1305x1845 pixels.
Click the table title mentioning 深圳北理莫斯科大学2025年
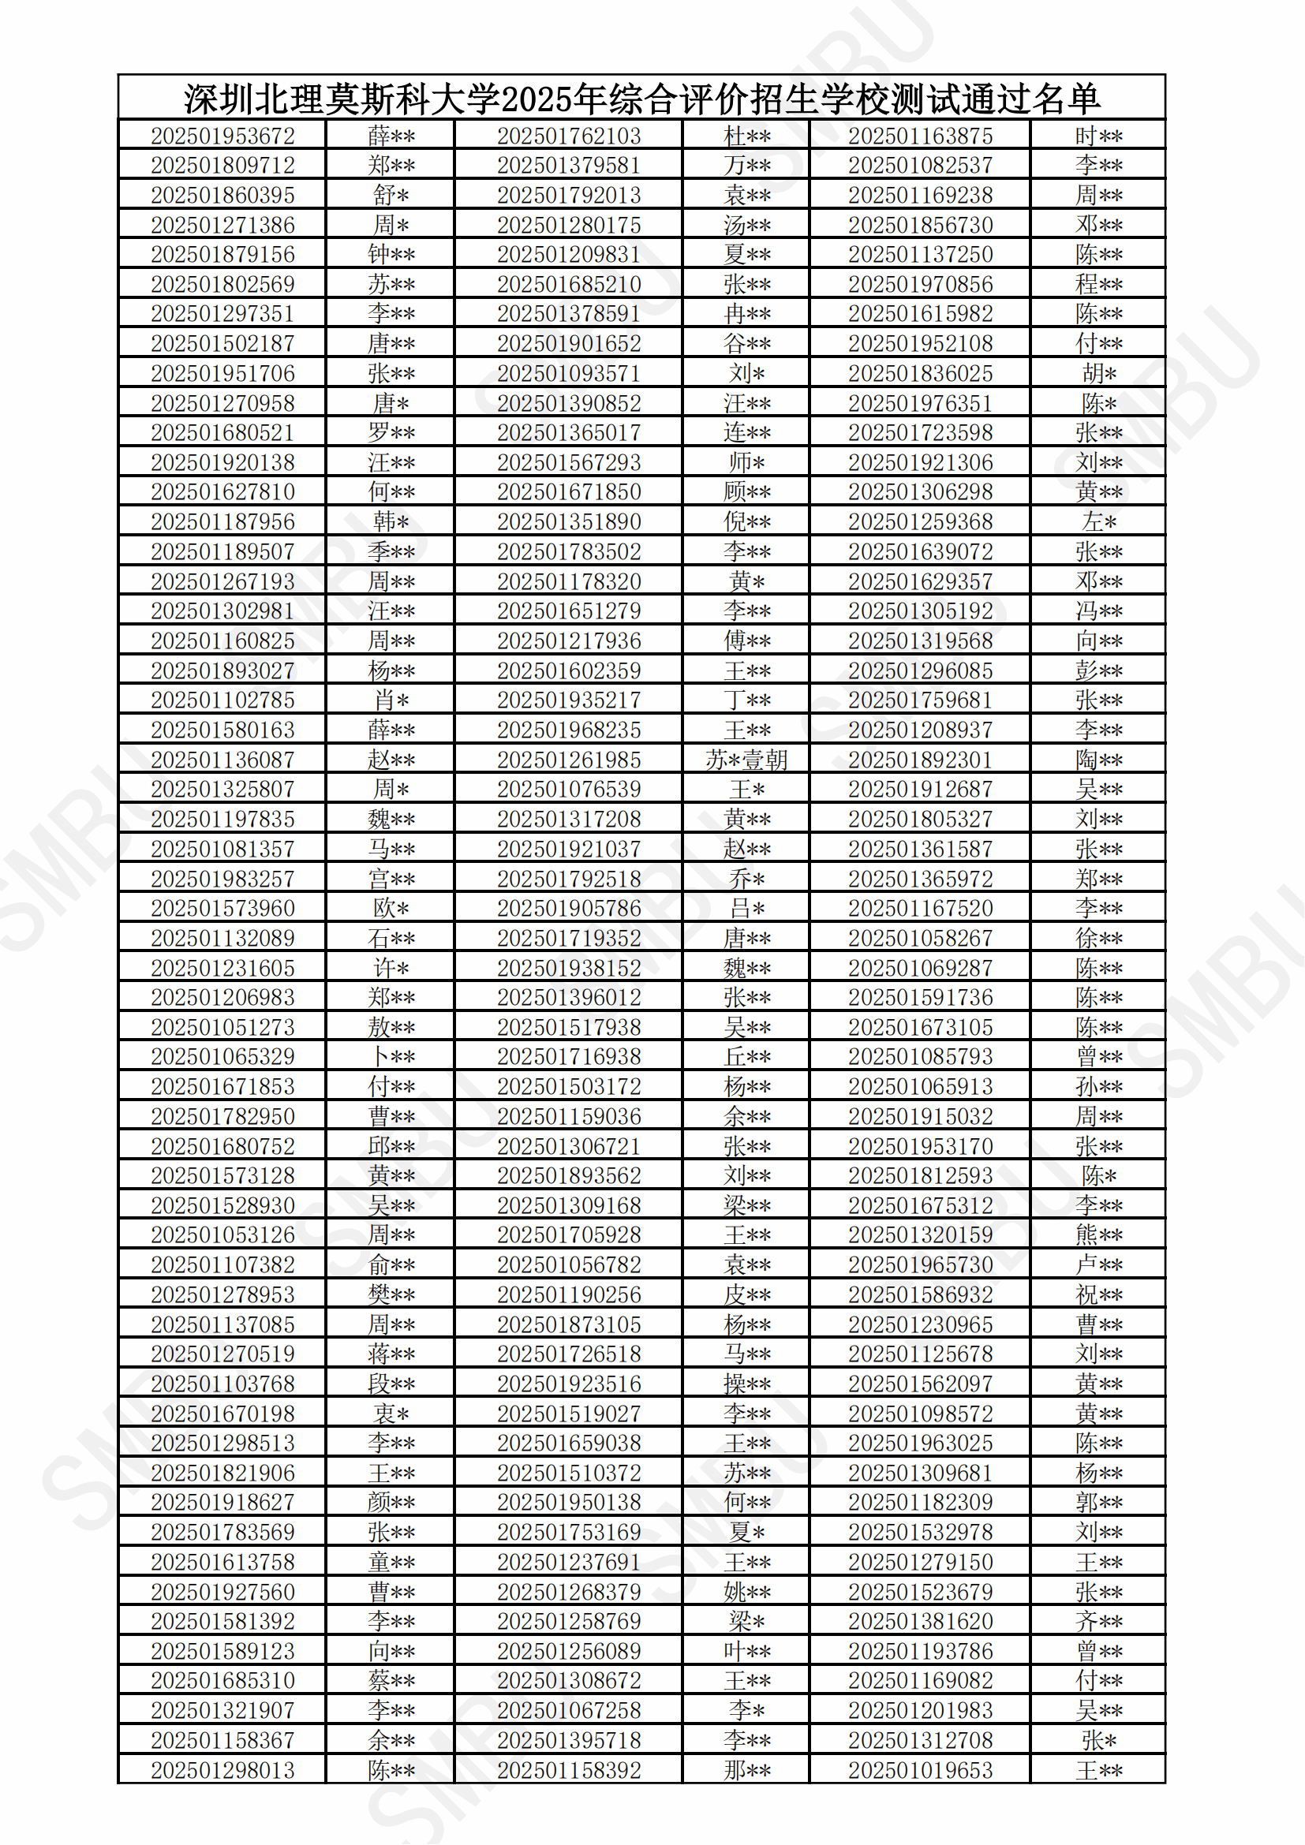click(x=641, y=99)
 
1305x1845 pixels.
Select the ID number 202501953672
click(x=222, y=136)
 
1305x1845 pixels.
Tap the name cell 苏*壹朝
click(x=746, y=760)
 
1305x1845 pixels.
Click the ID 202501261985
click(x=569, y=760)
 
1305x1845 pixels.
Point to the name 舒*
click(x=391, y=196)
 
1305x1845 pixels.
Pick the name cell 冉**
click(x=746, y=313)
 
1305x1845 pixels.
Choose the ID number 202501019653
click(x=920, y=1770)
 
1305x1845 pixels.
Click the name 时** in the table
click(x=1098, y=136)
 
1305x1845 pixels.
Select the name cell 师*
click(x=746, y=462)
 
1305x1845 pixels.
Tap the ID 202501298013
click(x=222, y=1770)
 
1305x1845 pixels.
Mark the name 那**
click(x=746, y=1770)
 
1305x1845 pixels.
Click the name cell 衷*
click(x=391, y=1414)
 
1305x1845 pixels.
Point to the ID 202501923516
click(x=569, y=1384)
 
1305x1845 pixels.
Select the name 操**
click(x=746, y=1384)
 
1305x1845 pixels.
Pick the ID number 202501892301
click(x=920, y=760)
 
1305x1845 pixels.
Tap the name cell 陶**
click(x=1098, y=760)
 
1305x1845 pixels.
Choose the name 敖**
click(x=391, y=1027)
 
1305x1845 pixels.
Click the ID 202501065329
click(x=222, y=1057)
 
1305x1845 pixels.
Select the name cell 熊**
click(x=1098, y=1235)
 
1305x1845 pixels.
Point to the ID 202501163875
click(x=920, y=136)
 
